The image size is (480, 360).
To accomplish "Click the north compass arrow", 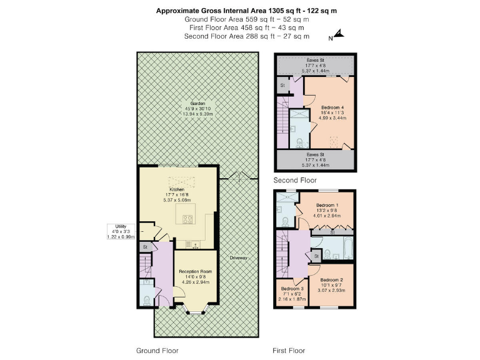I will coord(339,33).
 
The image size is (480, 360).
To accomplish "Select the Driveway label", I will coord(238,257).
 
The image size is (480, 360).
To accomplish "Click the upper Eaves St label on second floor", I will coord(315,59).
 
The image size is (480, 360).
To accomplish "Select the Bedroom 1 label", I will coord(329,205).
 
